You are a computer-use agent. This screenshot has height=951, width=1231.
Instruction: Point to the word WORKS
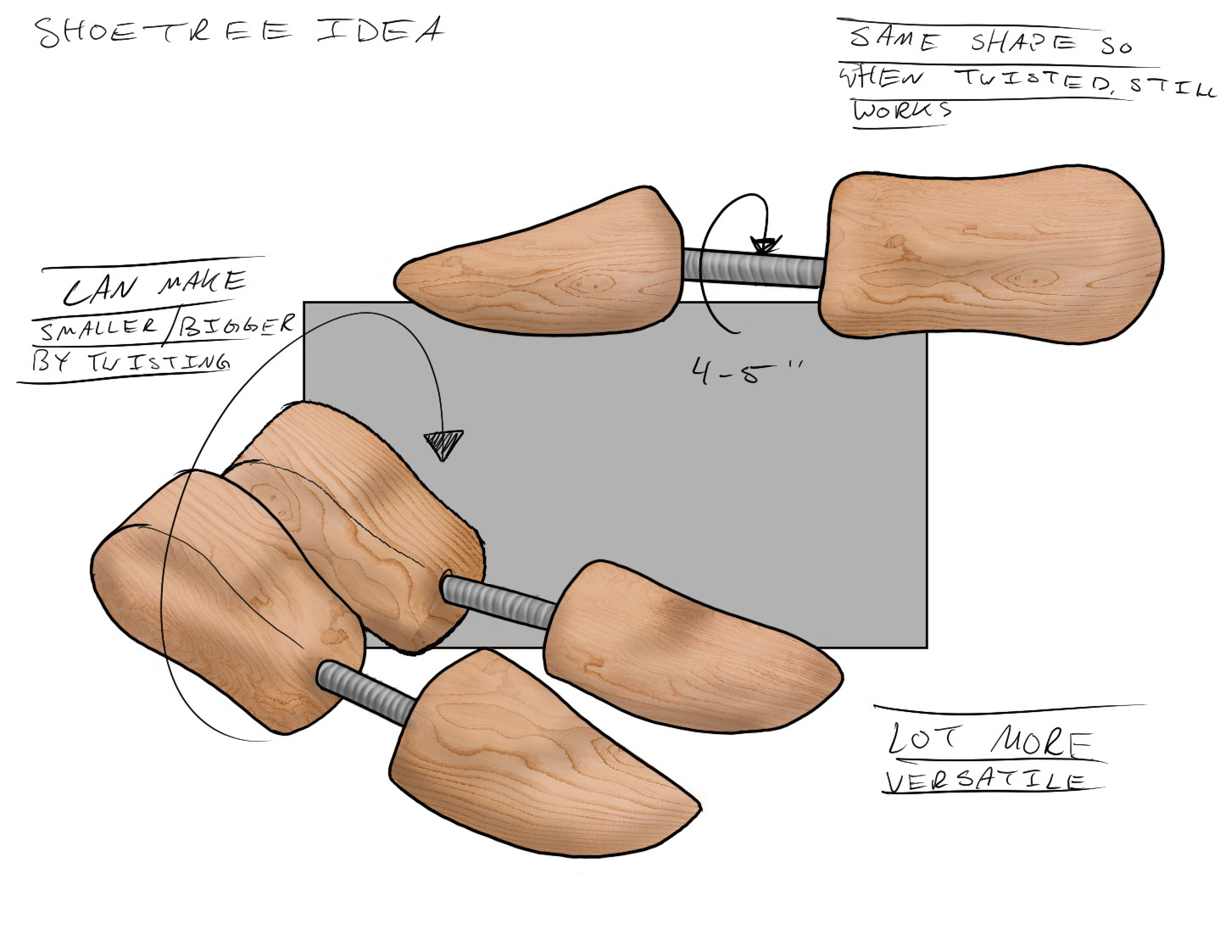tap(902, 110)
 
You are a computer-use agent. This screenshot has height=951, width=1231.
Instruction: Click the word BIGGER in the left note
tap(245, 324)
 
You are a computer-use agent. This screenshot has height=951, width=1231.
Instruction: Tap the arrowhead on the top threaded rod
tap(764, 245)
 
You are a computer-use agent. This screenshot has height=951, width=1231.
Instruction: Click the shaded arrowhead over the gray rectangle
tap(444, 442)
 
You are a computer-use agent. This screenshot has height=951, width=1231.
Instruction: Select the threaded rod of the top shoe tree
tap(755, 266)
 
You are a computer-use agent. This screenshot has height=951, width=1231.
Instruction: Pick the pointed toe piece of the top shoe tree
tap(543, 264)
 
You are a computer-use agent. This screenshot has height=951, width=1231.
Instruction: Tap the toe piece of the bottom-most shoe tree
tap(534, 754)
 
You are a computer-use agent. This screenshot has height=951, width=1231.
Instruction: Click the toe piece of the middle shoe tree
tap(678, 648)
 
